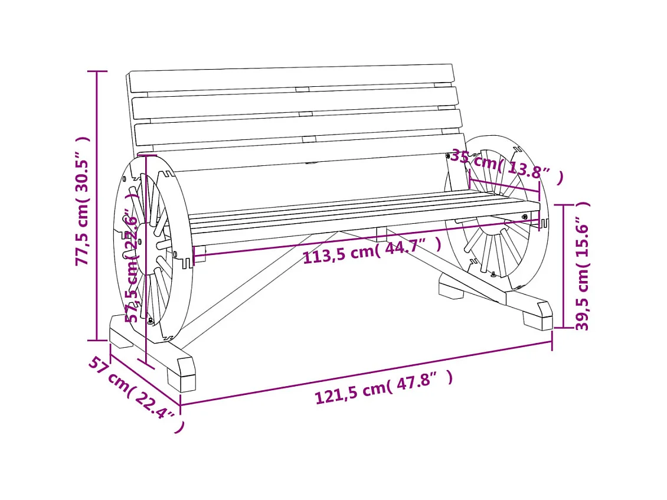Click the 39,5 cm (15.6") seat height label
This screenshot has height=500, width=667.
[x=583, y=266]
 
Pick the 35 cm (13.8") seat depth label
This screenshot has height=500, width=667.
[x=506, y=166]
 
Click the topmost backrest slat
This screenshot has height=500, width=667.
[x=292, y=78]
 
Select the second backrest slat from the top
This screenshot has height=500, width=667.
[x=295, y=103]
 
